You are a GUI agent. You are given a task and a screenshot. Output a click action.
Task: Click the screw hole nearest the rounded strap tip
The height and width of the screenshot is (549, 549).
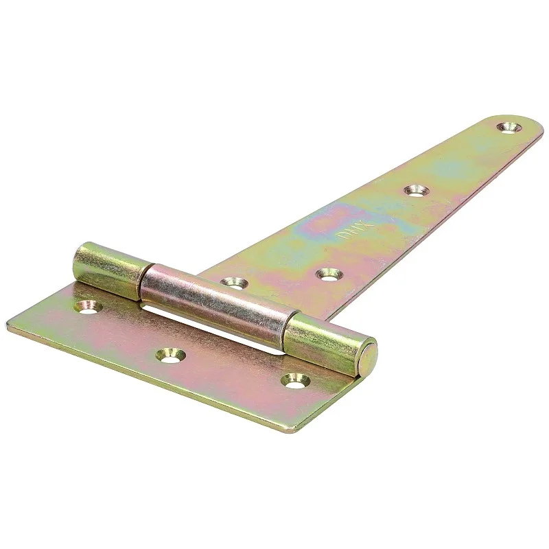(509, 127)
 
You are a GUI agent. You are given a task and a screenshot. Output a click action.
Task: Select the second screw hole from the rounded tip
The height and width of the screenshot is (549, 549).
(414, 189)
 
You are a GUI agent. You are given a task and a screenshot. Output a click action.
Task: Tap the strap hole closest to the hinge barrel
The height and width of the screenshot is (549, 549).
(235, 282)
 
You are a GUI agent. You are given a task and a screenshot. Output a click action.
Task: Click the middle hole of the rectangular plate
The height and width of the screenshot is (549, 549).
(170, 355)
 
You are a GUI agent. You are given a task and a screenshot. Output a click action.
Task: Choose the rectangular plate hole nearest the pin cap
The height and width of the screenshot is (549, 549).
(295, 379)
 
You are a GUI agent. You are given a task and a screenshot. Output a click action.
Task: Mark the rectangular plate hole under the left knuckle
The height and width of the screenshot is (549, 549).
(87, 306)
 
